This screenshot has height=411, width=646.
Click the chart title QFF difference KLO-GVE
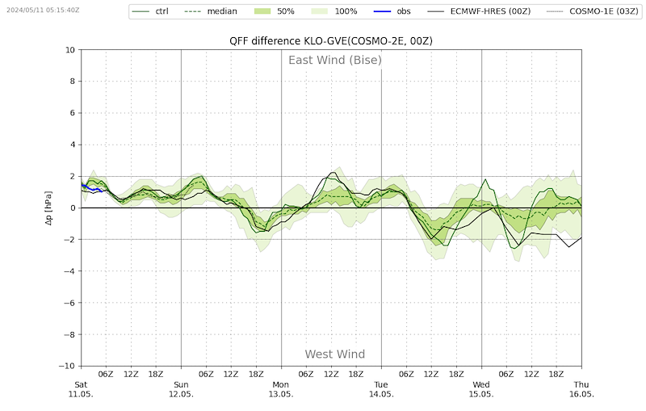[x=331, y=41]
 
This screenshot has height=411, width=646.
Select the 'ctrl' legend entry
[x=150, y=11]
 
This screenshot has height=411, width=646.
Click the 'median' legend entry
[x=211, y=11]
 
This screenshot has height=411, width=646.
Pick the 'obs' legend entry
[x=392, y=11]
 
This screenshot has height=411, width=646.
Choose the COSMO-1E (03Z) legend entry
[x=593, y=11]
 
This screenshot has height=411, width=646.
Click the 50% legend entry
[x=273, y=11]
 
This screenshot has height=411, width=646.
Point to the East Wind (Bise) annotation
[x=335, y=60]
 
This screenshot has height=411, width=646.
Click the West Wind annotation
[x=335, y=354]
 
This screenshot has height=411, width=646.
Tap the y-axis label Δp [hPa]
[x=48, y=208]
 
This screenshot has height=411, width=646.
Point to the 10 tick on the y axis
[x=70, y=50]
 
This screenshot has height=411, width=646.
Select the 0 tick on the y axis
[x=73, y=208]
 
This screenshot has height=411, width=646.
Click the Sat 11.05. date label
[x=81, y=389]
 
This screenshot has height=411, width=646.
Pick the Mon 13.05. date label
[x=281, y=389]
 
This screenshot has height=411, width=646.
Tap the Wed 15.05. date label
[x=481, y=389]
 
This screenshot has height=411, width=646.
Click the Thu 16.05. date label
[x=581, y=389]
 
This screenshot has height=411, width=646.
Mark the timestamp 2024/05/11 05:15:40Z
[x=43, y=10]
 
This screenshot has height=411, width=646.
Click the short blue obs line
[x=92, y=189]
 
